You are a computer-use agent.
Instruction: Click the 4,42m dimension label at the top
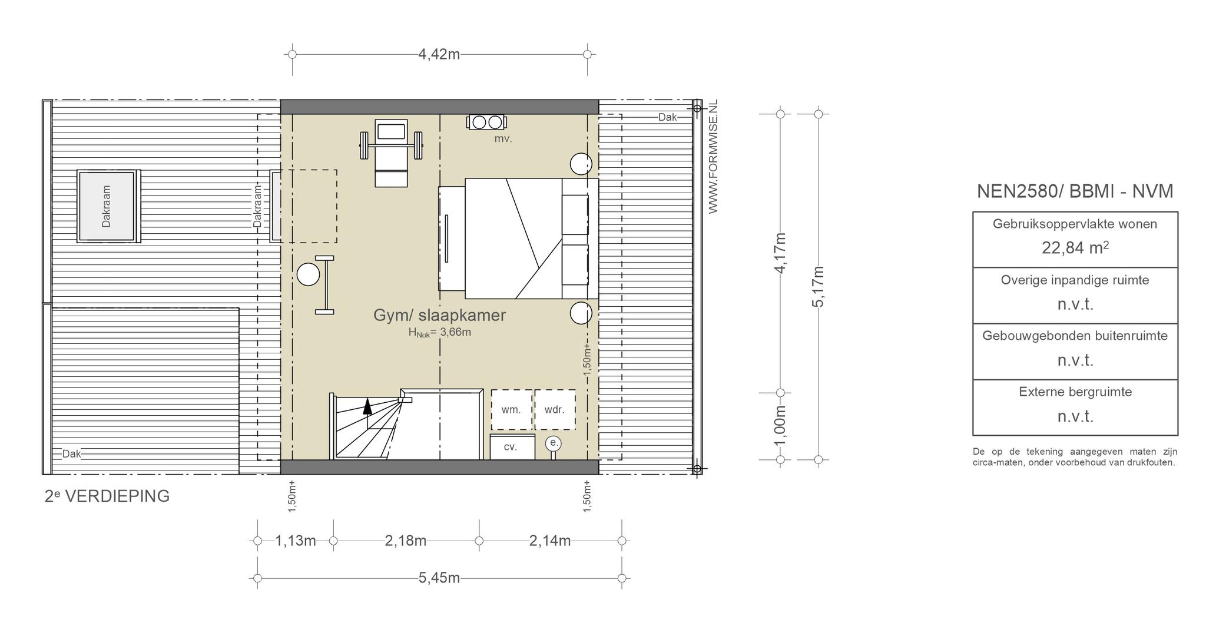(439, 54)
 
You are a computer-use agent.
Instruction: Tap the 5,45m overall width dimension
(439, 578)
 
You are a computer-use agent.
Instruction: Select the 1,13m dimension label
(296, 541)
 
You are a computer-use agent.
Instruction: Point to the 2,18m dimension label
(406, 541)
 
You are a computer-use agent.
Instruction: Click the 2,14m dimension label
(550, 541)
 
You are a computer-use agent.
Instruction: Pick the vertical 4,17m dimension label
(780, 253)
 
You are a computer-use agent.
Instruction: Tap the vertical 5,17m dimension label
(818, 287)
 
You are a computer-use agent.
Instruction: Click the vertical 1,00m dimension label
(780, 426)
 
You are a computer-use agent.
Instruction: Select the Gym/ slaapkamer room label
(439, 315)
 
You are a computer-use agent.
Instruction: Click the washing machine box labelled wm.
(512, 410)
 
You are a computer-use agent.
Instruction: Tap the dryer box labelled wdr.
(555, 410)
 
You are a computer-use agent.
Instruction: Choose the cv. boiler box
(512, 447)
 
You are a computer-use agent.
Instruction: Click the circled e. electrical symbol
(553, 443)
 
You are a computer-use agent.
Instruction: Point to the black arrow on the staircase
(367, 406)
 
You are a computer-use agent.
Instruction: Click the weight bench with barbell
(392, 153)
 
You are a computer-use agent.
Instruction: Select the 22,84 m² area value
(1075, 247)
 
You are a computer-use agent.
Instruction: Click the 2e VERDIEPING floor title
(107, 496)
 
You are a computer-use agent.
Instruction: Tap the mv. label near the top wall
(503, 139)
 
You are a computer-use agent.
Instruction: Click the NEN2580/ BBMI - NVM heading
(1075, 191)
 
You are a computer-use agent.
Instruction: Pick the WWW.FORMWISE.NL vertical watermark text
(713, 157)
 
